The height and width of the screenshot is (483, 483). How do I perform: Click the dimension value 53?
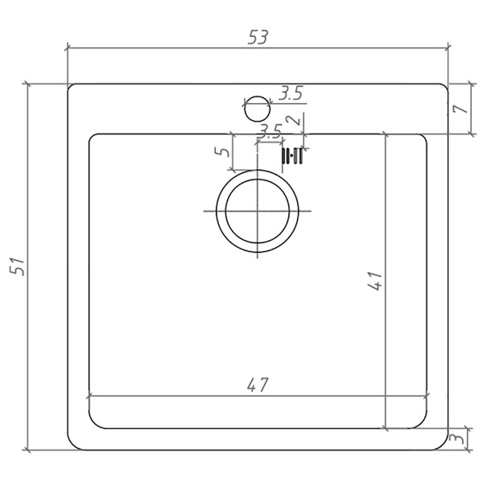(x=258, y=37)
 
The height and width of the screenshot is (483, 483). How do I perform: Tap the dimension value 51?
(x=17, y=266)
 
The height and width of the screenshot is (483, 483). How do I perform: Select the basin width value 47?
(x=258, y=385)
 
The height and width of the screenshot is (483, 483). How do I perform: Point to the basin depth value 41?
(x=375, y=281)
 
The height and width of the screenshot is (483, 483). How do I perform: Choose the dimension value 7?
(x=460, y=109)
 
